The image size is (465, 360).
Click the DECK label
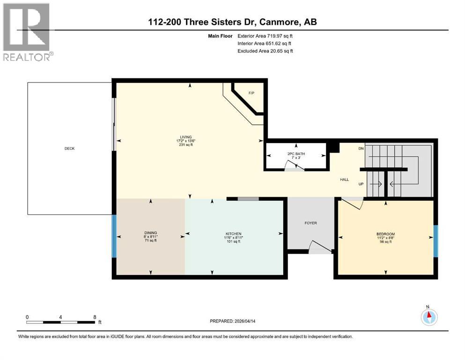tap(69, 149)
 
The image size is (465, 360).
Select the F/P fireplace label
tap(251, 93)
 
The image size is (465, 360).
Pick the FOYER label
tap(310, 223)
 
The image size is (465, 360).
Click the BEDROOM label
tap(385, 234)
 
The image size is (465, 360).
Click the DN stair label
tap(361, 149)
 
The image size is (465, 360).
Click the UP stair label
tap(361, 184)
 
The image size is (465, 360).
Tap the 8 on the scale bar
tap(95, 317)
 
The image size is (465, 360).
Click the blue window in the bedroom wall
tap(435, 241)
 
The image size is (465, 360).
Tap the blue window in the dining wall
tap(113, 236)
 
